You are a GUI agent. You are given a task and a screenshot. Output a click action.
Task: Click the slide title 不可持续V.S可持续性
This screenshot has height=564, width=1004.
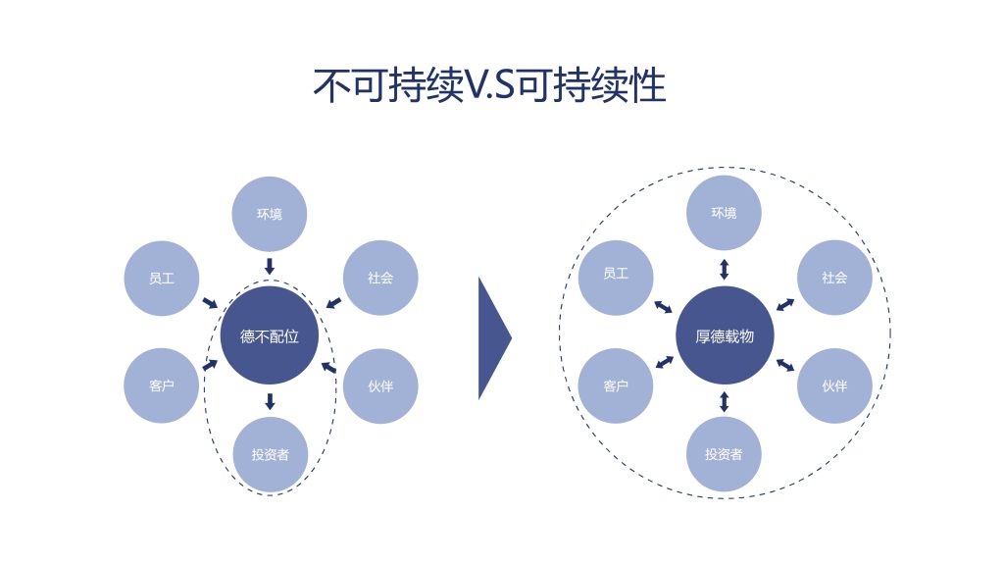click(489, 85)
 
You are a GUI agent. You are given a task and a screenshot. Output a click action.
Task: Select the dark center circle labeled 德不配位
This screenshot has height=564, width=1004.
click(270, 335)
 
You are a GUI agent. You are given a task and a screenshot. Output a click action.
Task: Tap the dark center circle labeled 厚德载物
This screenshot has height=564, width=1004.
click(725, 335)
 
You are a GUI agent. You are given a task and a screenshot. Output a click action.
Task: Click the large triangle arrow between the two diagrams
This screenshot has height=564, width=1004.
click(492, 338)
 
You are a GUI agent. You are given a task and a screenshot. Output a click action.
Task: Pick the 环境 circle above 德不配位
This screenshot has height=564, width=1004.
click(270, 214)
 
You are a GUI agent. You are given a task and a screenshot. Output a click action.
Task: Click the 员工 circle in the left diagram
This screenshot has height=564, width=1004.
click(162, 278)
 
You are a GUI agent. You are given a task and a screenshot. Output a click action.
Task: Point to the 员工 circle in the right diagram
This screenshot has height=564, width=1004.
click(616, 275)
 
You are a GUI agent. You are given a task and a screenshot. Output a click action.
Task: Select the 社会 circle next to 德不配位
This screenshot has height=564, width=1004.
click(380, 278)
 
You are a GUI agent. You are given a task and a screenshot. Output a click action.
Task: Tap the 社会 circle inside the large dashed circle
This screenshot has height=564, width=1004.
click(834, 278)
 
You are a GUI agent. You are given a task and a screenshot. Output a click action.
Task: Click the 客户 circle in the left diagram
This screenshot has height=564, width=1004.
click(162, 385)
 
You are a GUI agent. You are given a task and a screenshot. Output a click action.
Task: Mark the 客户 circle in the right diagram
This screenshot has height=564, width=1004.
click(616, 385)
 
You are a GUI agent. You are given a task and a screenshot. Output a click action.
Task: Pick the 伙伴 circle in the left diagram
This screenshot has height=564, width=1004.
click(380, 385)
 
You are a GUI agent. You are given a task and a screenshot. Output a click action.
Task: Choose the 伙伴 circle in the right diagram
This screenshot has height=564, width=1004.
click(834, 385)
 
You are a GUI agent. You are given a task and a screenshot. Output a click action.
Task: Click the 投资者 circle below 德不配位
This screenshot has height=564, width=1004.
click(270, 454)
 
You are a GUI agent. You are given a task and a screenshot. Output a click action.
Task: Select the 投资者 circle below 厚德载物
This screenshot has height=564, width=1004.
click(725, 454)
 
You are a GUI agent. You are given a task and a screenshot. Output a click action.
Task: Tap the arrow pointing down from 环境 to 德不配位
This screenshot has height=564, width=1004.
click(270, 266)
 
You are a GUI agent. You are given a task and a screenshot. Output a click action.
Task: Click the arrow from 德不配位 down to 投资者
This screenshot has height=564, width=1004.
click(270, 400)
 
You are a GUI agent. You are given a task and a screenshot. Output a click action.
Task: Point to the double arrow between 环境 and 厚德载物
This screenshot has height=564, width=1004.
click(725, 268)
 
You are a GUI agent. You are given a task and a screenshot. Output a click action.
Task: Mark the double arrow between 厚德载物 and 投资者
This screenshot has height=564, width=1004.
click(725, 400)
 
